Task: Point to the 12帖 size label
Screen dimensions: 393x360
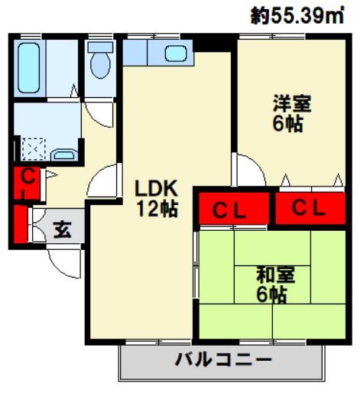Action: click(x=157, y=207)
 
